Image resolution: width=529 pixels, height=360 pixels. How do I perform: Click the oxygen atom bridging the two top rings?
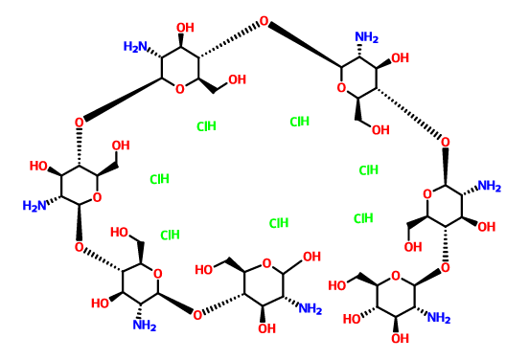(264, 24)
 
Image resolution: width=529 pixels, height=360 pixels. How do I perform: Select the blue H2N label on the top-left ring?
(134, 47)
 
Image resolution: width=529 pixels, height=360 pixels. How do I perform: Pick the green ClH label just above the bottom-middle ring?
(279, 223)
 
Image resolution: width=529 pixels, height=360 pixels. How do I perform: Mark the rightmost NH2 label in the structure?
(489, 186)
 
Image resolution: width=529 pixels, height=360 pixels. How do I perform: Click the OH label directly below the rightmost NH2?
(486, 227)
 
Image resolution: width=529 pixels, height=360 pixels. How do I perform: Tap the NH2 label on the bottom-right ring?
(438, 318)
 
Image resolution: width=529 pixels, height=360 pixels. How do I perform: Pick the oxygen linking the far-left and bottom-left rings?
(80, 246)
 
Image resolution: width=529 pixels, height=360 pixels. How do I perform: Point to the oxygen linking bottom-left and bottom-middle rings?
(196, 313)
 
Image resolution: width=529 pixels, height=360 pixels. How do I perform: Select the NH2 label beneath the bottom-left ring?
(145, 326)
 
